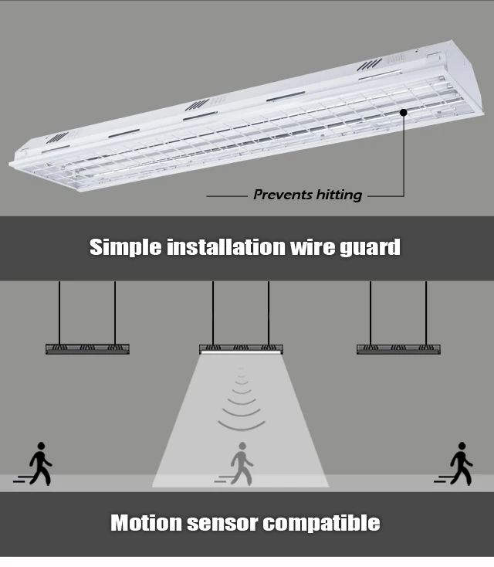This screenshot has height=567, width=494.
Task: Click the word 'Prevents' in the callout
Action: [279, 195]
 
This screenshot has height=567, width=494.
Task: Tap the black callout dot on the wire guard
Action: [404, 113]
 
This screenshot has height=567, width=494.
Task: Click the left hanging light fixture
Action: [87, 348]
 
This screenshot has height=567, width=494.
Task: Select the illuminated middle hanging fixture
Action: [241, 348]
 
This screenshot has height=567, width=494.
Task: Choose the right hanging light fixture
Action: [398, 348]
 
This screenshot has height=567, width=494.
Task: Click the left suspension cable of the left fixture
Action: [59, 312]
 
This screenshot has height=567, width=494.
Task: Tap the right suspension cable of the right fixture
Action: [426, 312]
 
